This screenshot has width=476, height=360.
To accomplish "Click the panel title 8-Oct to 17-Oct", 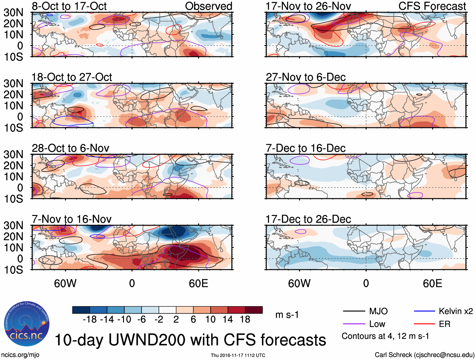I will (x=69, y=6).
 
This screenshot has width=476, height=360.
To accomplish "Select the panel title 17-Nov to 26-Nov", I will (x=308, y=6).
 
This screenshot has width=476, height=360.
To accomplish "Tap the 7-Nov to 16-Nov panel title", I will (x=72, y=219).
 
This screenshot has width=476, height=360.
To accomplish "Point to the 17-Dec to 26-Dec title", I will (x=308, y=219).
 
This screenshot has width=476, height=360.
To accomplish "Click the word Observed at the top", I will (x=209, y=6).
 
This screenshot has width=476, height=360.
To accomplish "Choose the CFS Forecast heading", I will (x=432, y=6).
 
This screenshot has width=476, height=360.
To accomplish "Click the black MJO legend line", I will (x=354, y=311).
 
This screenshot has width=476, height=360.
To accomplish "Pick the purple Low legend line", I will (x=354, y=324).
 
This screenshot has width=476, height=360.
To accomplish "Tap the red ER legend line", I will (x=424, y=324).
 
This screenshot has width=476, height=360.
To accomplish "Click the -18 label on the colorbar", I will (x=90, y=320).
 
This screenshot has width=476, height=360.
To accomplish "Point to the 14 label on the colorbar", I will (x=228, y=320).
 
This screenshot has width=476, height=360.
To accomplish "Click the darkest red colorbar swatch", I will (x=254, y=310).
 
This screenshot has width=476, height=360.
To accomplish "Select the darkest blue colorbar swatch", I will (x=81, y=310).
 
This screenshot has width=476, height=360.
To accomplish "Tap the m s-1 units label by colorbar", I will (x=287, y=315).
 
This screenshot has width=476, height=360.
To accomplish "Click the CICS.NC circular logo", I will (x=27, y=324).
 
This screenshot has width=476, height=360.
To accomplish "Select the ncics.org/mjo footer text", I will (x=20, y=355).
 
